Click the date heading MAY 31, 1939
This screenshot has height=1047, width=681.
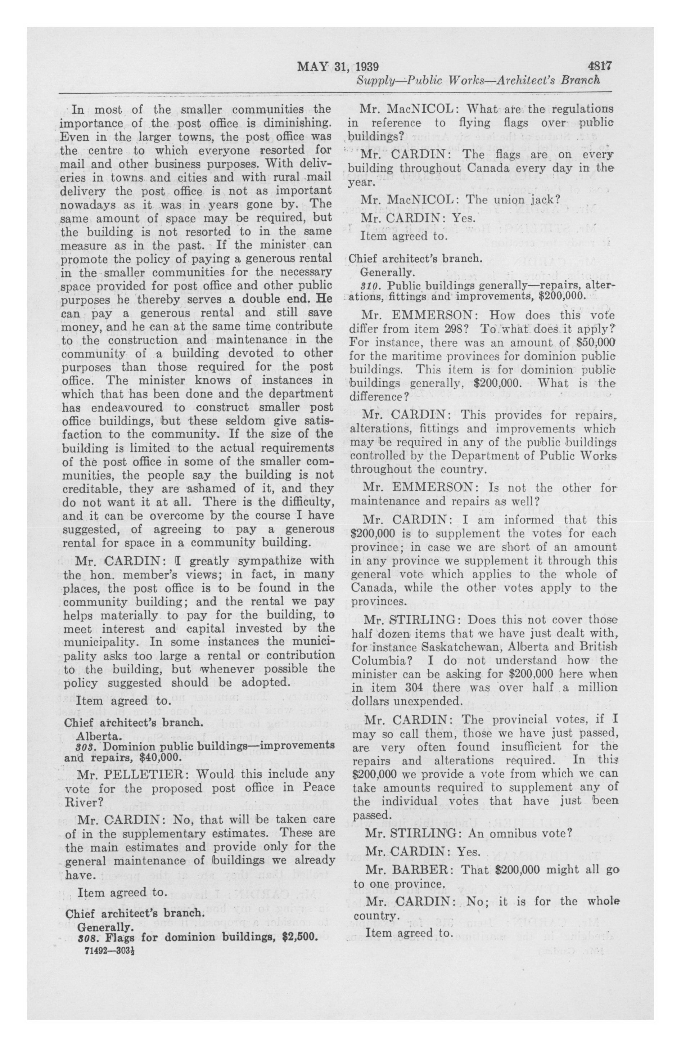coord(338,67)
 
